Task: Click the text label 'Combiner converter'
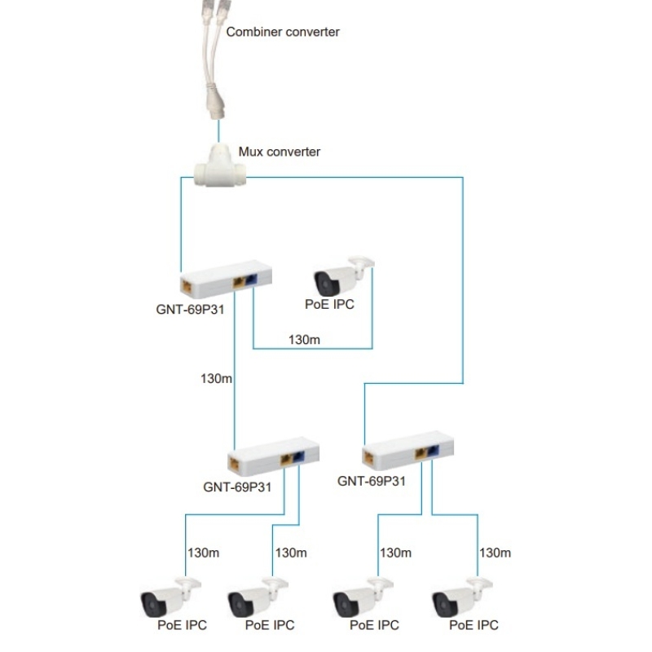(x=282, y=33)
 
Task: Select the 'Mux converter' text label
(x=279, y=152)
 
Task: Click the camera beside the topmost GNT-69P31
(x=341, y=277)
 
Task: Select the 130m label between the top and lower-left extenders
(x=215, y=378)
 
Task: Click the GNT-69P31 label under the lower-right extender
(x=371, y=481)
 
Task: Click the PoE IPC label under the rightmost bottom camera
(x=474, y=626)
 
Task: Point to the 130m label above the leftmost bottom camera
(x=203, y=552)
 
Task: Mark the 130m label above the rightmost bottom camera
(x=495, y=552)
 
